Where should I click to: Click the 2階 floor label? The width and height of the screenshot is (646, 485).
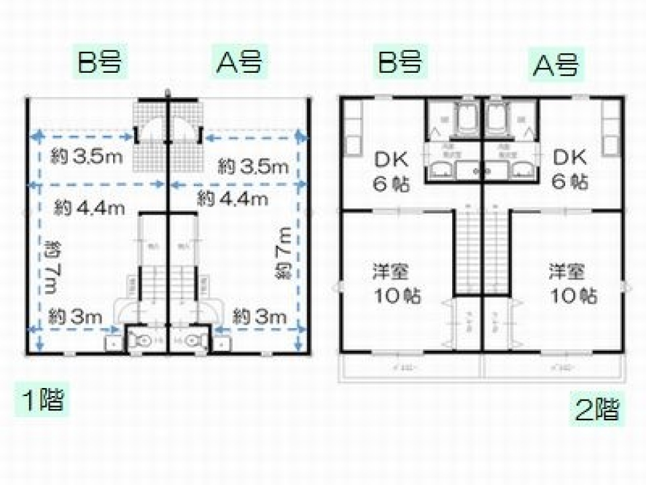[x=596, y=409]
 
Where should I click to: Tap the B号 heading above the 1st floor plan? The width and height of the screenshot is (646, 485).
[x=100, y=62]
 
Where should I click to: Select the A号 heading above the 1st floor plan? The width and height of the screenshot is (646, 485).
[x=238, y=62]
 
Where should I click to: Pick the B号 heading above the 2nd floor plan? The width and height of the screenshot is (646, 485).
[x=400, y=62]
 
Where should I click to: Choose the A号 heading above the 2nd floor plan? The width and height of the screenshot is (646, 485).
[x=555, y=65]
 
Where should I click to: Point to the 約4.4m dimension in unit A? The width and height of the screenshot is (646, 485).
[x=232, y=199]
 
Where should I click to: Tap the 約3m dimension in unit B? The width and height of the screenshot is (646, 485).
[x=77, y=315]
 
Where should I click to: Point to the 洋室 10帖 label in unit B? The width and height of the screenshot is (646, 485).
[x=392, y=283]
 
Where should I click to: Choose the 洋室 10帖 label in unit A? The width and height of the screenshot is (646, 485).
[x=572, y=283]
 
